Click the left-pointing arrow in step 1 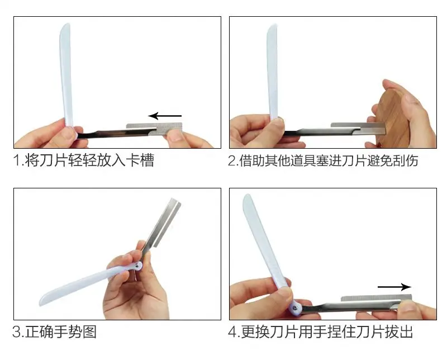click(x=165, y=116)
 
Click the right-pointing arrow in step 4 click(x=394, y=287)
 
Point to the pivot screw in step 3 click(x=138, y=266)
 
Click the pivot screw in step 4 click(x=295, y=307)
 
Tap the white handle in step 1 click(x=66, y=75)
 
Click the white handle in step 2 click(x=273, y=72)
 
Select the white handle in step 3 click(x=85, y=284)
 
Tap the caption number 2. click(x=232, y=160)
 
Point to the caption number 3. click(x=17, y=331)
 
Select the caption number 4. click(x=233, y=331)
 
